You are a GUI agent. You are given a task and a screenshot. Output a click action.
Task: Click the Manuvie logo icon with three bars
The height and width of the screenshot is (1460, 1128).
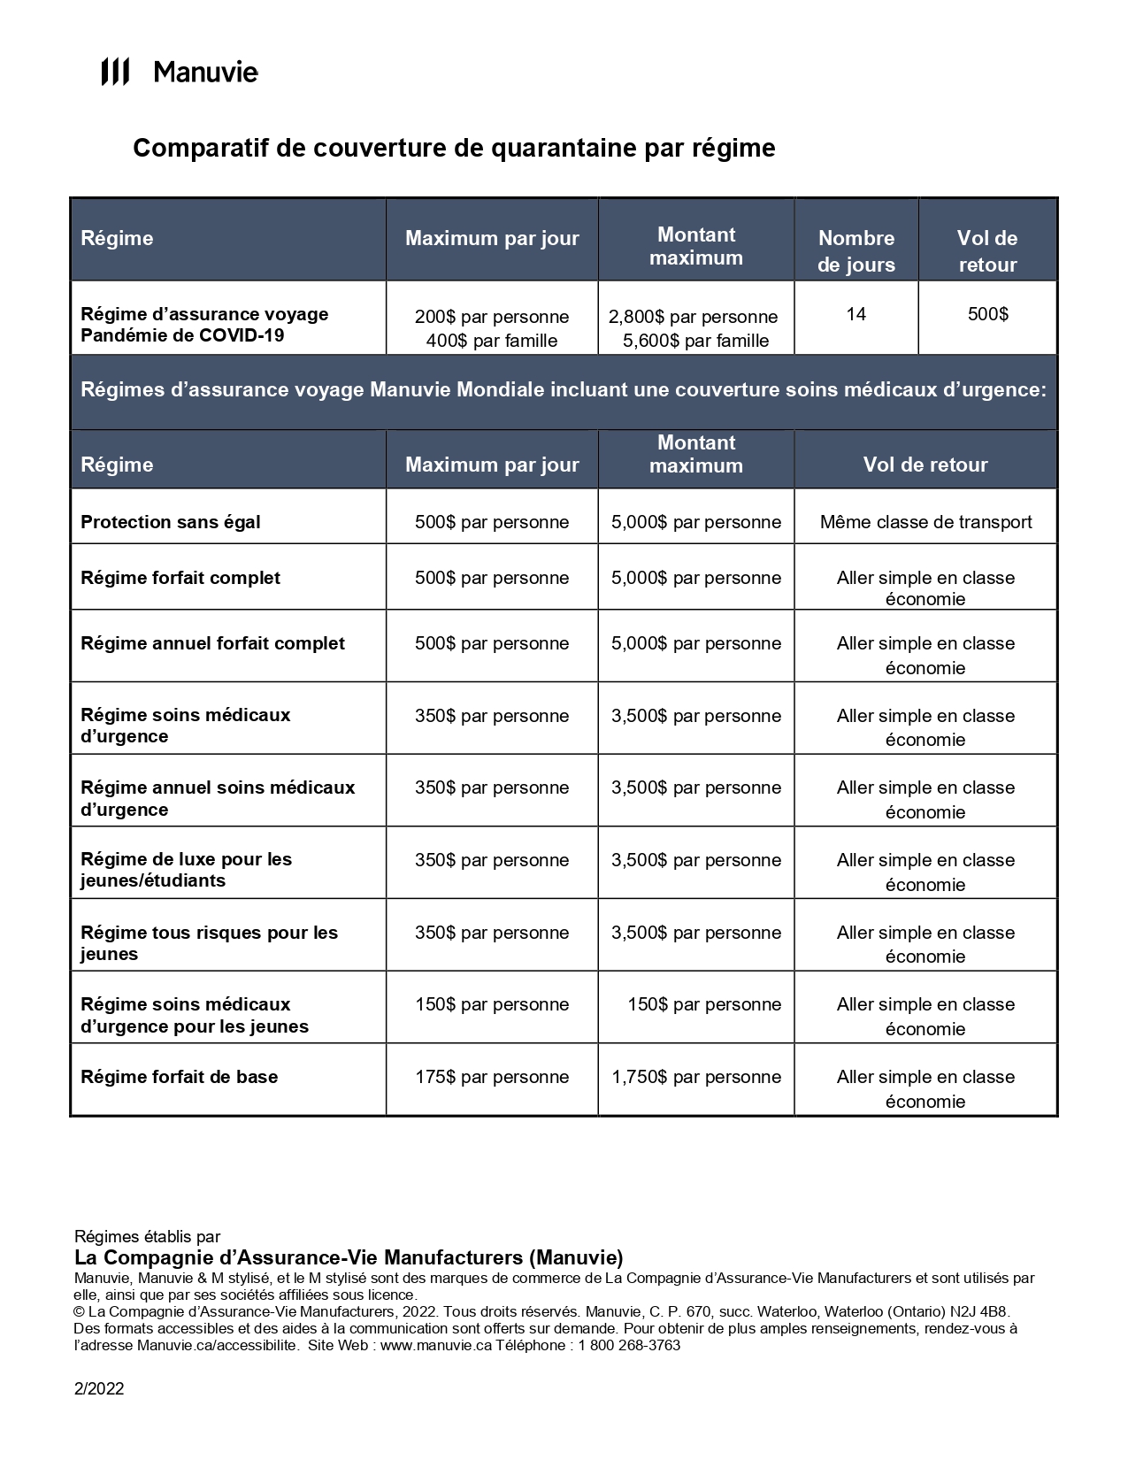click(x=115, y=72)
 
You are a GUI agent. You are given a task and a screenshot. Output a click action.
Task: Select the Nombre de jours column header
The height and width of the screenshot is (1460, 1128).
click(x=856, y=250)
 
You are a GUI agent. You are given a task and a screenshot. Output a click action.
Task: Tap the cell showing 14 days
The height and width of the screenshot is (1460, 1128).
click(x=856, y=314)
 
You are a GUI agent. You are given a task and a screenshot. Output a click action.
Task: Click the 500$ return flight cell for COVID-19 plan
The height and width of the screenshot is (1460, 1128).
click(x=987, y=314)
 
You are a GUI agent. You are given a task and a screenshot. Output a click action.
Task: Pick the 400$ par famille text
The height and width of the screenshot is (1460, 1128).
click(x=491, y=341)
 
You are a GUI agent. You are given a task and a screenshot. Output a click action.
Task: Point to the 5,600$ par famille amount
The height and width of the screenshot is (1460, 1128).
click(x=695, y=341)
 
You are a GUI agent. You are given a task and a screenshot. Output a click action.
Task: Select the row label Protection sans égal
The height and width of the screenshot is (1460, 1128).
click(x=171, y=522)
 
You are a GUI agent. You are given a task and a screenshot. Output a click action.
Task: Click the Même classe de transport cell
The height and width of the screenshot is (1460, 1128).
click(x=925, y=522)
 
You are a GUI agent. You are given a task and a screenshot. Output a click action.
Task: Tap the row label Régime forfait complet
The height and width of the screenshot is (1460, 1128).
click(x=180, y=578)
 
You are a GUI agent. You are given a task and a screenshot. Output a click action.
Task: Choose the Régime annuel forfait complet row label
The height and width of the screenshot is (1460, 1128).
click(x=212, y=643)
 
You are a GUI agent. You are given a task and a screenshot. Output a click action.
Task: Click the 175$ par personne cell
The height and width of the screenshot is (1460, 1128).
click(x=492, y=1077)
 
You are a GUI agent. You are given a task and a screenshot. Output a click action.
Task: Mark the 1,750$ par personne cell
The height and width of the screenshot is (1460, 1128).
click(x=696, y=1077)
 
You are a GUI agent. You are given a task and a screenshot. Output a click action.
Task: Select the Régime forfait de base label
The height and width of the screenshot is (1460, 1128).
click(x=180, y=1077)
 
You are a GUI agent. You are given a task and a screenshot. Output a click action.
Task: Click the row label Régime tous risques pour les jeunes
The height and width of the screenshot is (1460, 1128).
click(x=209, y=942)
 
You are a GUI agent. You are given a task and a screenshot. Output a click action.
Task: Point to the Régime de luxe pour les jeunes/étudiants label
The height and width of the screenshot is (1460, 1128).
click(x=186, y=870)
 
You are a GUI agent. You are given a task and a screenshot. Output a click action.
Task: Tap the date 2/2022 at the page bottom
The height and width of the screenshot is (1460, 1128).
click(x=99, y=1388)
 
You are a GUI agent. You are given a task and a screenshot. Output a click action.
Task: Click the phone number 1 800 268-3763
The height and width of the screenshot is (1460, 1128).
click(x=629, y=1346)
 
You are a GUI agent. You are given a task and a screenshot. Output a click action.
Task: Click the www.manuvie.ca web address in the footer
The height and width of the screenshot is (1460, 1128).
click(x=435, y=1346)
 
